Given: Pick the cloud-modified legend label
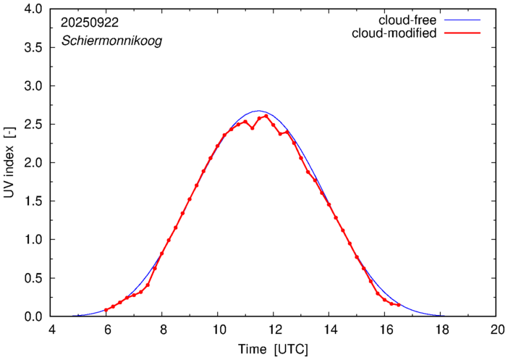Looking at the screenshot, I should [394, 33].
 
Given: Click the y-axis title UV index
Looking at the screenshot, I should [9, 162].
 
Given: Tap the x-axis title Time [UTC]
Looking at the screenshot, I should [273, 349].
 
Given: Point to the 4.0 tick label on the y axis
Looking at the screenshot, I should [32, 9].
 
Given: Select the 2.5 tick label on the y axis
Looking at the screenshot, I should [32, 124].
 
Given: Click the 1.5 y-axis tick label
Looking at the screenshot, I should [32, 201].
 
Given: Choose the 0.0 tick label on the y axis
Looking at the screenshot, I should [32, 317].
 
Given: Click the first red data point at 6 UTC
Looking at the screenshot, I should [106, 310].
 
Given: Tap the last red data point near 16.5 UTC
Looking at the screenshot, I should [399, 305].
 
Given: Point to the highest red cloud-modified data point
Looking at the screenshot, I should [266, 116].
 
